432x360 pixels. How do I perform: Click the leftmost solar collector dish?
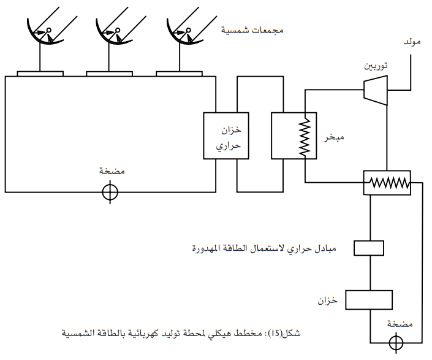point(45,34)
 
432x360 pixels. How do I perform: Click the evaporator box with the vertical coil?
point(294,136)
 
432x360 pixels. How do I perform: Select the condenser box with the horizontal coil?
point(387,183)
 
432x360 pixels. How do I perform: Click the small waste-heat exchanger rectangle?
point(369,247)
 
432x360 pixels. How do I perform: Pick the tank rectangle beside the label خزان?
point(369,300)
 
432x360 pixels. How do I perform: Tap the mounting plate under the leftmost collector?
point(40,74)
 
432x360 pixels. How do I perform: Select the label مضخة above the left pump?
point(113,171)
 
